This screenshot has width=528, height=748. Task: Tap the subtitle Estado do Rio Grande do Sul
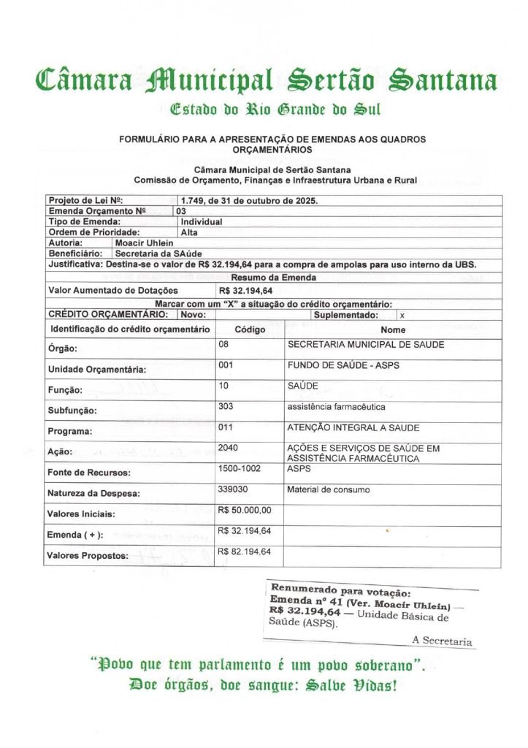coord(275,111)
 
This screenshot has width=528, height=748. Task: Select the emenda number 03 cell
coord(181,210)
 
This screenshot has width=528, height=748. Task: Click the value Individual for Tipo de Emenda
coord(202,221)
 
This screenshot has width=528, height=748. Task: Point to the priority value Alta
coord(189,232)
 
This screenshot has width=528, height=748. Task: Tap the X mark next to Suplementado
coord(402,315)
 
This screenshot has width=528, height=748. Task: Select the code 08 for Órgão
coord(223,343)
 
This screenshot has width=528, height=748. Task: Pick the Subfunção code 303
coord(226,406)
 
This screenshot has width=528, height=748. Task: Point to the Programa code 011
coord(226,427)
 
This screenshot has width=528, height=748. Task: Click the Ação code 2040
coord(228,447)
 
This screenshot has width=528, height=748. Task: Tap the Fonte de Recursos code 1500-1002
coord(240,468)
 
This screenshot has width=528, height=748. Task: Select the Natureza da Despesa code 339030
coord(233,489)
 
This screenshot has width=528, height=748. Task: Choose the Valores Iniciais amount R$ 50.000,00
coord(245,510)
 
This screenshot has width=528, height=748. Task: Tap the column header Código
coord(250,329)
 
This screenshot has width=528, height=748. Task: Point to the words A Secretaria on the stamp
coord(442,641)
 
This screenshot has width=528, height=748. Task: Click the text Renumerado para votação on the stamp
coord(341,590)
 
